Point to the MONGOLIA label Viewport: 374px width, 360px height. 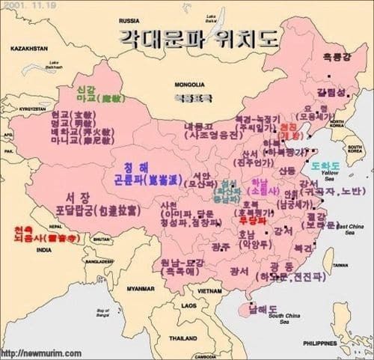click(190, 85)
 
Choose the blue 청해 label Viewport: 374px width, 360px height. click(138, 168)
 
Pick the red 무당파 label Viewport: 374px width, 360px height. click(252, 222)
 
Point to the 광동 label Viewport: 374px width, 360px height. click(283, 267)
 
